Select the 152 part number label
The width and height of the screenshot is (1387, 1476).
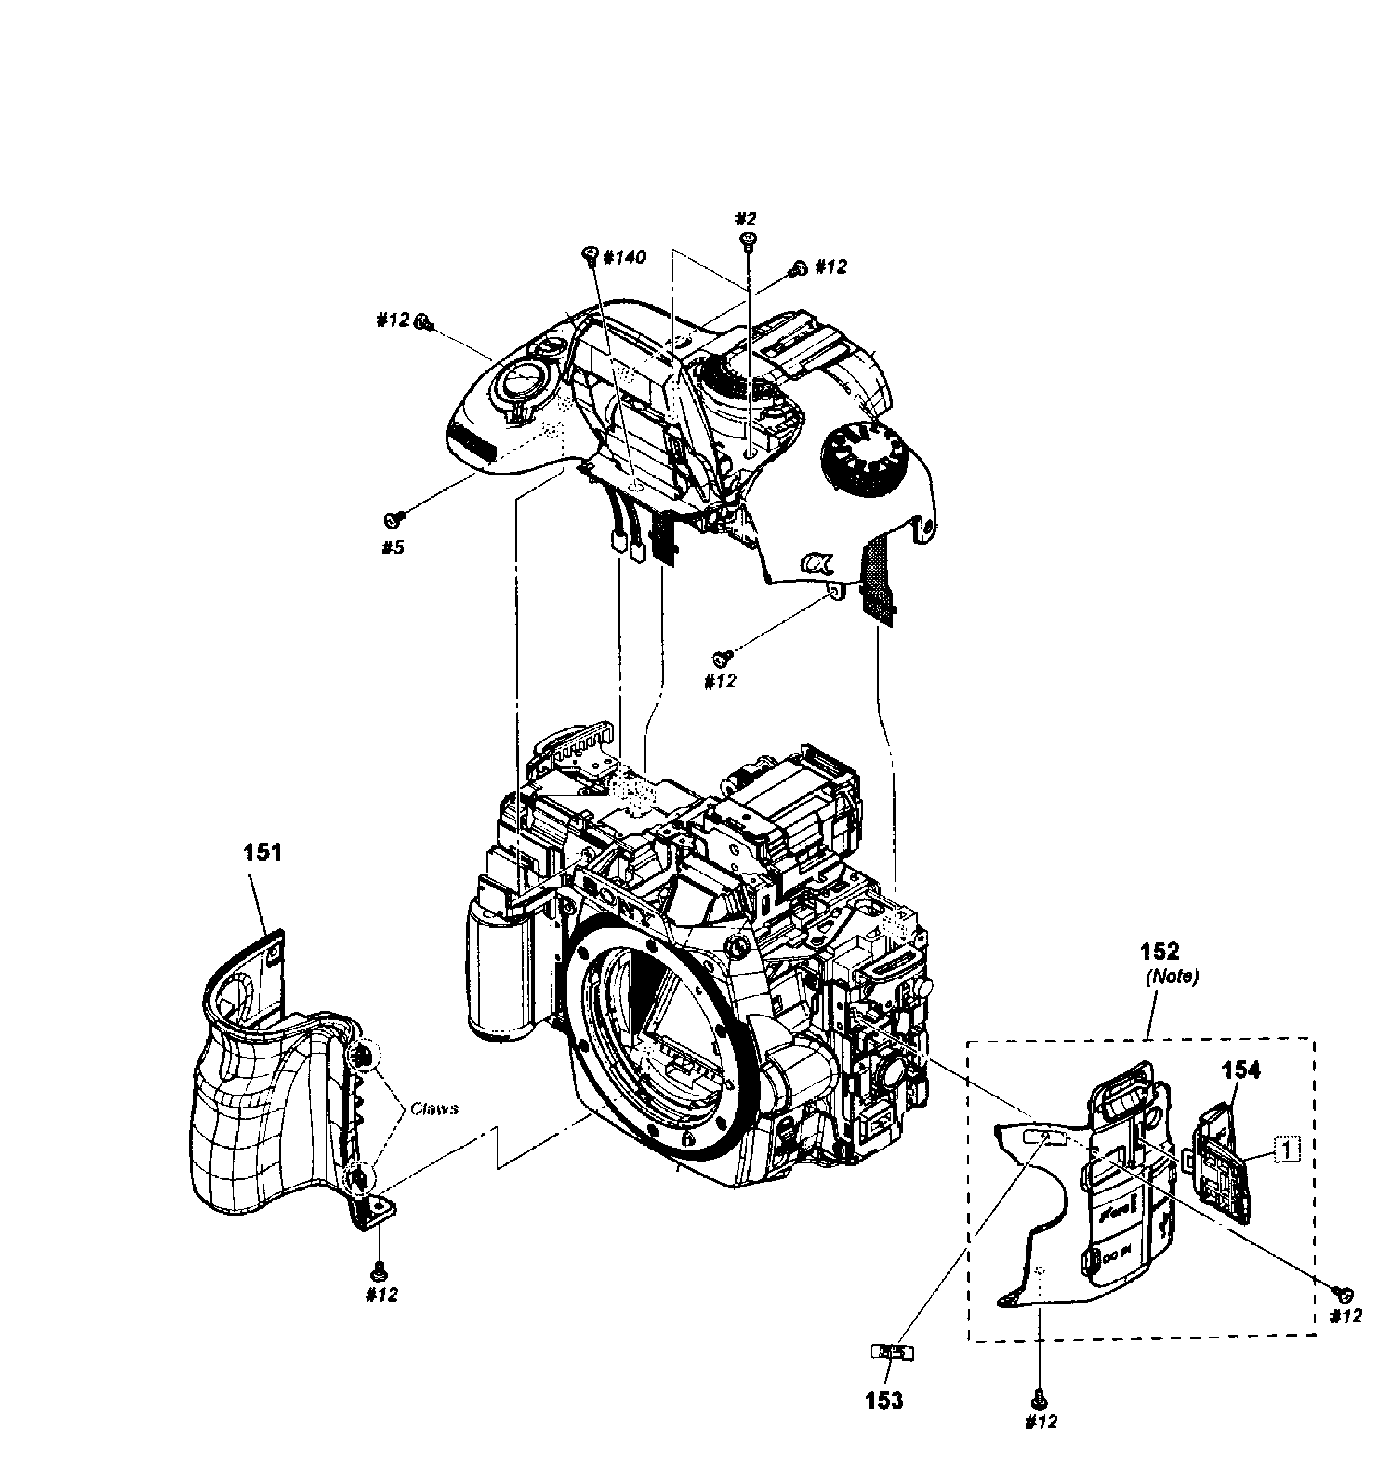click(1159, 951)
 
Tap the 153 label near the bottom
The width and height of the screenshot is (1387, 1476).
click(884, 1400)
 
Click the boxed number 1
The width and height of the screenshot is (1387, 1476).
click(1287, 1150)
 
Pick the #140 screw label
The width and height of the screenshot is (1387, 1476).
click(624, 258)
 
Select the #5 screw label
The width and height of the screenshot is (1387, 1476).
click(393, 548)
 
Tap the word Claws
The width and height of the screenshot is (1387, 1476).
click(434, 1108)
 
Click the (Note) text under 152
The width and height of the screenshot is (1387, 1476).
click(1172, 977)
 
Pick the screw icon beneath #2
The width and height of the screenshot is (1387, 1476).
click(747, 239)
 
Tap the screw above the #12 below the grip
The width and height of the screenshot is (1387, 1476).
click(380, 1271)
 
